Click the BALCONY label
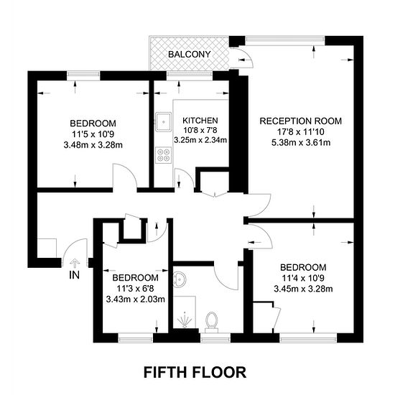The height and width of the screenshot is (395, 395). coord(189,54)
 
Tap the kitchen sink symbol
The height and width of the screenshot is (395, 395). coord(163,122)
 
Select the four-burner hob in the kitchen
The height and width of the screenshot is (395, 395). coord(164,155)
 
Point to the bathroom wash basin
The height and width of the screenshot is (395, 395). coord(180,279)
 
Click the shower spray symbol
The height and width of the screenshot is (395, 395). coord(185,320)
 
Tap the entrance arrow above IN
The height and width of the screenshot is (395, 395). coord(75,264)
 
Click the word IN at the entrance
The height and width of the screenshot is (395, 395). coord(74,275)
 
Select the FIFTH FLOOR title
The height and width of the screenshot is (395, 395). coord(195,372)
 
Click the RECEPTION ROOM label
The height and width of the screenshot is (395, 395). coord(300,121)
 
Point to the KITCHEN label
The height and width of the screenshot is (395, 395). coord(200,121)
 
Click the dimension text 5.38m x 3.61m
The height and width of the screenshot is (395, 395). coord(301,143)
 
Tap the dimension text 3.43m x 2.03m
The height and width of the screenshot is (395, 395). coord(135,299)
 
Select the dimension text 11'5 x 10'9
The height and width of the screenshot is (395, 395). coord(93,134)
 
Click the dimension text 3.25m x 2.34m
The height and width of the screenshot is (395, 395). coord(200,140)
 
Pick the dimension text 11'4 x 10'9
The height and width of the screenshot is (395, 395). coord(303,278)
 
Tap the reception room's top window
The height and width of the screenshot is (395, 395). coord(285,39)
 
